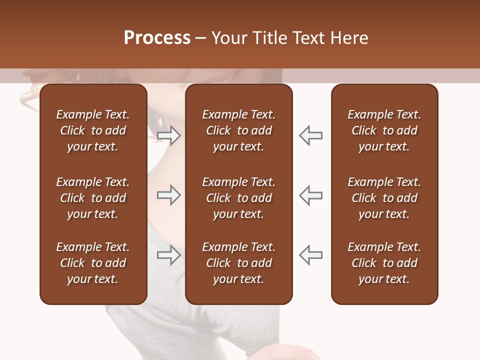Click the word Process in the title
(x=157, y=38)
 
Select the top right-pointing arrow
(x=168, y=135)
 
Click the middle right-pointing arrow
(x=168, y=195)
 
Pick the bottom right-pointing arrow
(x=168, y=255)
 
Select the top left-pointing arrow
(x=311, y=135)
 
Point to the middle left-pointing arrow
(x=311, y=195)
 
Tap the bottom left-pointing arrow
(x=311, y=255)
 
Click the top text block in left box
(x=93, y=130)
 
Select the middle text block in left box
(x=93, y=198)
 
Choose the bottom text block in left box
(x=93, y=263)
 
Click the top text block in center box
(x=238, y=130)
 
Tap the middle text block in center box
(x=238, y=198)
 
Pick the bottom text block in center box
(x=238, y=263)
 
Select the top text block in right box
(x=384, y=130)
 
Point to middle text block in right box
(x=384, y=198)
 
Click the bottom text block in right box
(x=384, y=263)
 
